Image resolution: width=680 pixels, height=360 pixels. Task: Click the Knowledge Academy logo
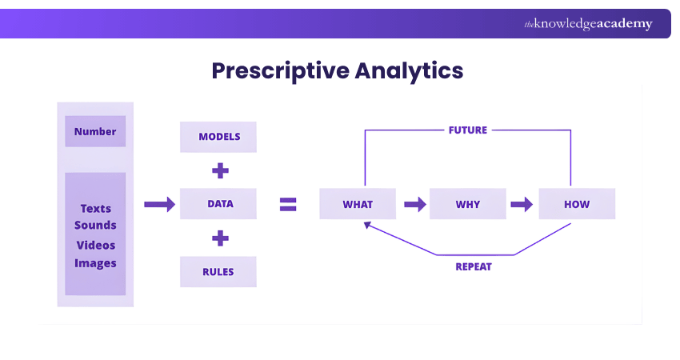(x=588, y=24)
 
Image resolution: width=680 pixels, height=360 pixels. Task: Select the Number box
(x=95, y=131)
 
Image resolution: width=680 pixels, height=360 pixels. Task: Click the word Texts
(x=95, y=208)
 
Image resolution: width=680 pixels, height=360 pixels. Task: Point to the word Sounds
(x=95, y=226)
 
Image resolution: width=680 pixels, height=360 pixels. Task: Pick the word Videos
(x=95, y=245)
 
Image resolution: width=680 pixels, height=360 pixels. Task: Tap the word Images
(x=95, y=263)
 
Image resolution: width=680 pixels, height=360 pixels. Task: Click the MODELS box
(x=218, y=137)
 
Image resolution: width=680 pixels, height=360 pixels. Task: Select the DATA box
(x=218, y=204)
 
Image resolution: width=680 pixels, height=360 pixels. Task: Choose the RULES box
(x=218, y=271)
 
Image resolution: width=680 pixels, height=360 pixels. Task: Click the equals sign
(x=288, y=204)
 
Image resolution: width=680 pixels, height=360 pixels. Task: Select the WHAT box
(x=358, y=204)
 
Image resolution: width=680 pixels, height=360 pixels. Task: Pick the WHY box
(x=468, y=204)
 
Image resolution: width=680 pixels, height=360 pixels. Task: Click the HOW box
(x=577, y=204)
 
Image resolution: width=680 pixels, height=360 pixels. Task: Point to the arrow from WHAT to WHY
(x=414, y=204)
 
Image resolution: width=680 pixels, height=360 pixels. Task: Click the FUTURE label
(x=468, y=130)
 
